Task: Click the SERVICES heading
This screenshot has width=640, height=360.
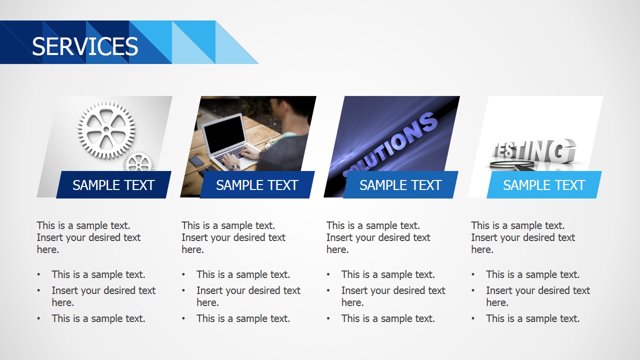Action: (x=85, y=46)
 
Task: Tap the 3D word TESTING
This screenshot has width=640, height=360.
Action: (x=533, y=150)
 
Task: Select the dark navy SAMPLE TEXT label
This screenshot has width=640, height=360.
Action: (x=113, y=185)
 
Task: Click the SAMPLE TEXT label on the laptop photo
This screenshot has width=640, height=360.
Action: (x=257, y=185)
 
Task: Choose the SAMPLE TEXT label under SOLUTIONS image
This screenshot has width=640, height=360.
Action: (x=400, y=185)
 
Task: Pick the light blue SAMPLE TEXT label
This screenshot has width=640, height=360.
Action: (x=544, y=185)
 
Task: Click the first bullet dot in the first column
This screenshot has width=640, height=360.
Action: (x=39, y=274)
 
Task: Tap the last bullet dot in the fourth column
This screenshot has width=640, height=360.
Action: (x=473, y=318)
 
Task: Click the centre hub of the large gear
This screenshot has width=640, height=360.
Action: (x=106, y=129)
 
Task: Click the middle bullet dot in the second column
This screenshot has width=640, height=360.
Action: (x=184, y=290)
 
